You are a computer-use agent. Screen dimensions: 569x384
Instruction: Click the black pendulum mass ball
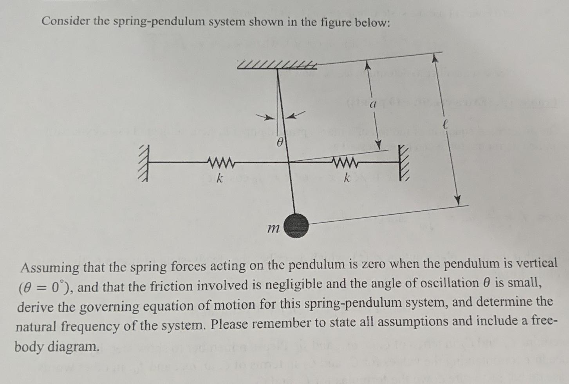(x=296, y=226)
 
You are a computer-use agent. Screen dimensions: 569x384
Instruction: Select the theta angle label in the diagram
(x=279, y=144)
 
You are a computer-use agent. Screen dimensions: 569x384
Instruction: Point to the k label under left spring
(x=220, y=179)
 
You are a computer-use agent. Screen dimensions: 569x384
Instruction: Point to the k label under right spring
(x=346, y=178)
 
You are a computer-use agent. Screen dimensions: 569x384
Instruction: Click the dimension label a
(x=373, y=104)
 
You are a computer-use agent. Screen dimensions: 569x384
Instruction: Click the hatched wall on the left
(x=145, y=163)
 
